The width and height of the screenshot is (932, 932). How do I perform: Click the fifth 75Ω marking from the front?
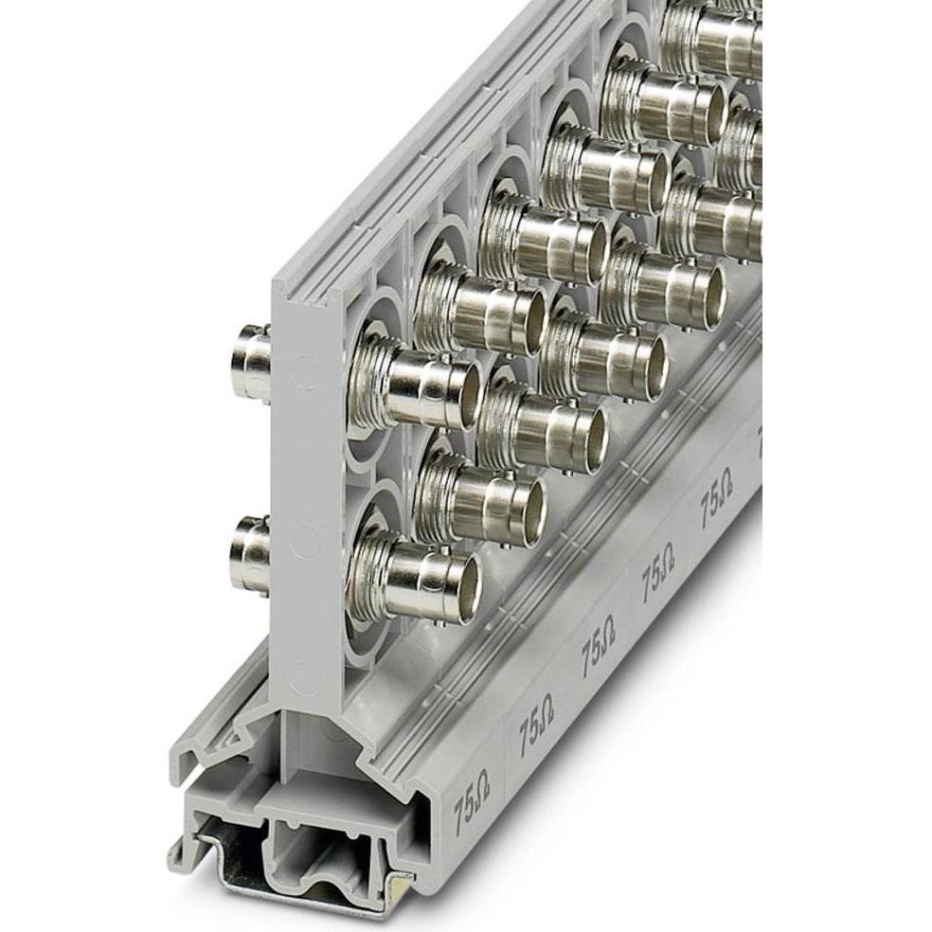coord(716,498)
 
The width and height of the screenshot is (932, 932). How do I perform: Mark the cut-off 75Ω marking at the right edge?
coord(758,437)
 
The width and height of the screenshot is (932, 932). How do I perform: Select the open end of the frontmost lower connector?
coord(469,580)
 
